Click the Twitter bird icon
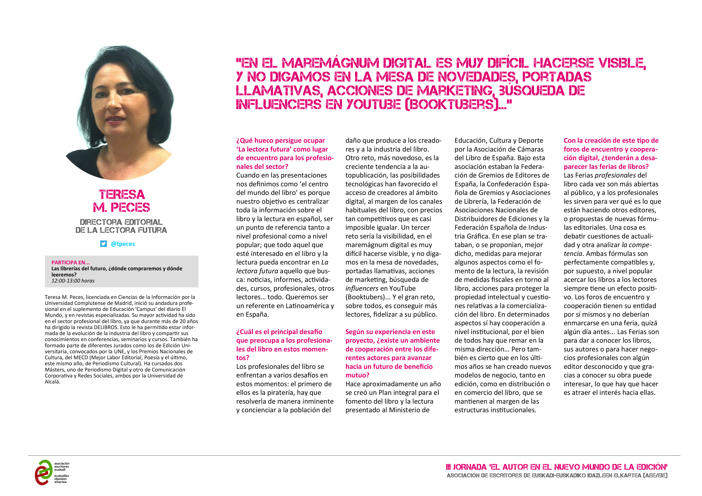[103, 244]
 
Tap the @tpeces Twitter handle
[123, 244]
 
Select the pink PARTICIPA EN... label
[71, 262]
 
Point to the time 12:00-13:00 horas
[73, 280]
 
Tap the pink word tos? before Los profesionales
[243, 358]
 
